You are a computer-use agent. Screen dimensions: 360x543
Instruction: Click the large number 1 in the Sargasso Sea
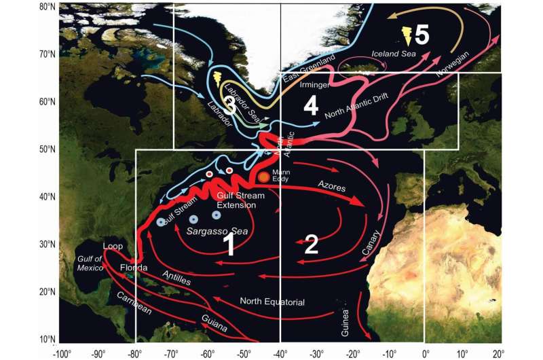point(229,245)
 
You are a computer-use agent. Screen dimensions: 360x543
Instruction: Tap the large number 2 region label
point(311,244)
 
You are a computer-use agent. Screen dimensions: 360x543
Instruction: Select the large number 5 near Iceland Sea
point(422,35)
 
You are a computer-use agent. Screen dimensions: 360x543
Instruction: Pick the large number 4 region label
point(310,106)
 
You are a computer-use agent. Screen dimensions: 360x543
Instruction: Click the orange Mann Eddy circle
point(263,177)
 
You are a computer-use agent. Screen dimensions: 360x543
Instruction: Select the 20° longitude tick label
point(497,353)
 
